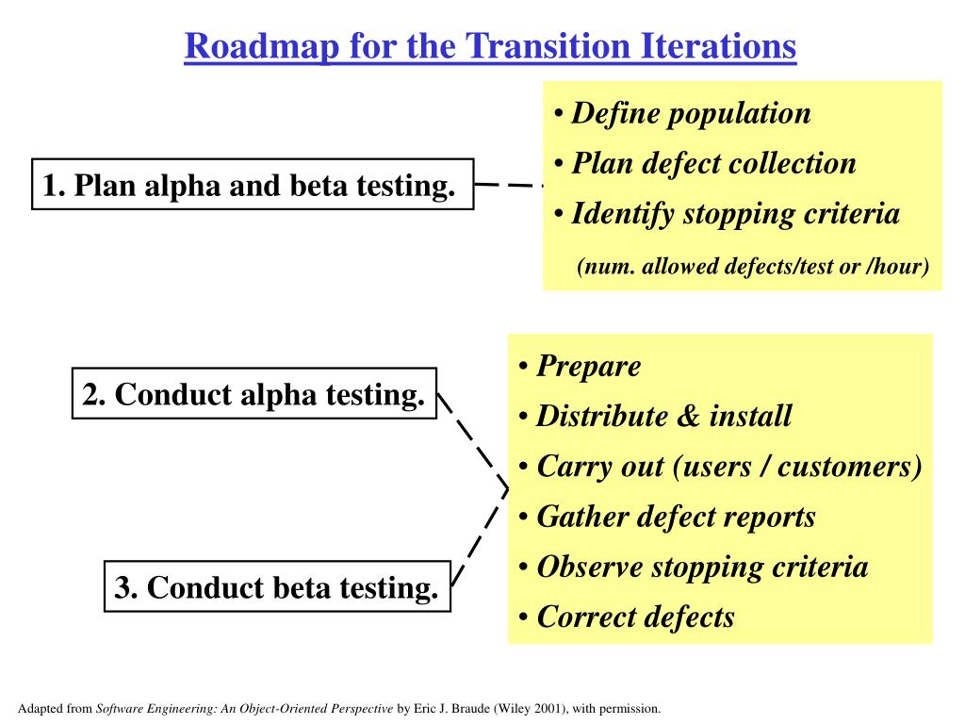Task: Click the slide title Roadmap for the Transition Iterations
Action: [x=490, y=45]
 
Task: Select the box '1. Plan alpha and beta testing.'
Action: [x=253, y=184]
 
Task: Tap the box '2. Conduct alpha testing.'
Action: [x=254, y=394]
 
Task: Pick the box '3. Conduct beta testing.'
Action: [x=277, y=587]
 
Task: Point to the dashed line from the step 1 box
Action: [x=509, y=186]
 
